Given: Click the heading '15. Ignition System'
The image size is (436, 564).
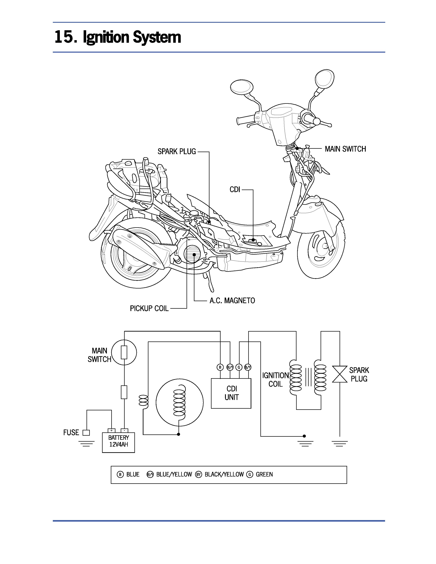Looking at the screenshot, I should [x=117, y=37].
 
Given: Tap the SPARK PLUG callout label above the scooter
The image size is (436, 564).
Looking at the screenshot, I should [x=177, y=152].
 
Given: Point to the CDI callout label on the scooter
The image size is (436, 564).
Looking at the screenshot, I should [x=235, y=190].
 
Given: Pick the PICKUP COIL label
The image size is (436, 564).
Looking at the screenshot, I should [x=149, y=308].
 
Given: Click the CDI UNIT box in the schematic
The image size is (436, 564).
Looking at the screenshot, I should [x=231, y=393].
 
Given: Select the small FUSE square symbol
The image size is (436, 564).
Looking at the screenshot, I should [x=86, y=433].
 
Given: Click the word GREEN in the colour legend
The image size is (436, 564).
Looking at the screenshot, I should [x=264, y=474].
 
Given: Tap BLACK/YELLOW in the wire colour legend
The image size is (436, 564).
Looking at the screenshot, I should [x=224, y=474].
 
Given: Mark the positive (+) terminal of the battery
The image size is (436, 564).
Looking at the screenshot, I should [x=111, y=431].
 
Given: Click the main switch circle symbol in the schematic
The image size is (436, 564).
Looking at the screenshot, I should [x=124, y=352].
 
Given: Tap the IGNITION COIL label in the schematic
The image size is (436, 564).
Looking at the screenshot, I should [x=275, y=380].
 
